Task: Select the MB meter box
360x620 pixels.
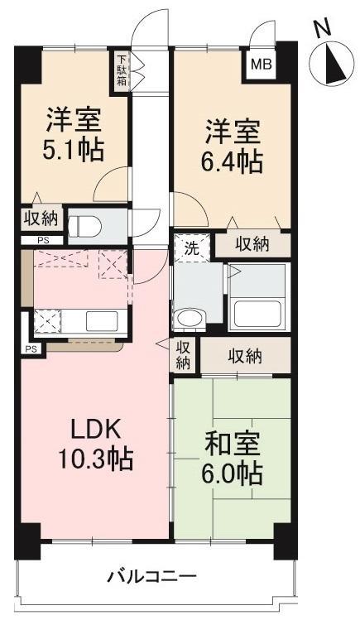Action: coord(259,64)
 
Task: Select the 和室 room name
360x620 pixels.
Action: coord(233,445)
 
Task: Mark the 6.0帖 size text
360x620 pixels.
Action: coord(233,474)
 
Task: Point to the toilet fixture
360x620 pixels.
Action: coord(87,224)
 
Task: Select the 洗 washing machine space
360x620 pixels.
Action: coord(190,247)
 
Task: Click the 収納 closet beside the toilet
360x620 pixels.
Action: coord(40,219)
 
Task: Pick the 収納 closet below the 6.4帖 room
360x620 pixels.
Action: coord(252,244)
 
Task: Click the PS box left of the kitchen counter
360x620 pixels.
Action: coord(31,349)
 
